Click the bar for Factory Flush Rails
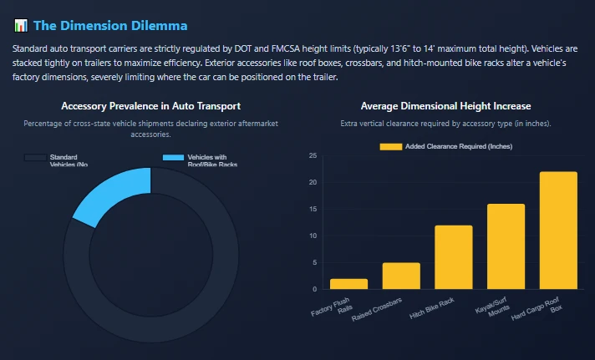[348, 284]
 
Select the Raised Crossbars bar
[401, 276]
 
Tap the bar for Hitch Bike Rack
[453, 257]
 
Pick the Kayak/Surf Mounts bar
[506, 246]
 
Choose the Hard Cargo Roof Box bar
[558, 231]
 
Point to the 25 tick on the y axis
[313, 156]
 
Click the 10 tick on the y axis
[313, 236]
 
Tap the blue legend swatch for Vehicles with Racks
[173, 157]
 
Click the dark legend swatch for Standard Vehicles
[35, 157]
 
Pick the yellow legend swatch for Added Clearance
[390, 146]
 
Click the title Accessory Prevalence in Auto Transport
[151, 106]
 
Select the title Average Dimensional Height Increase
[445, 106]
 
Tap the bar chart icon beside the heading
[21, 27]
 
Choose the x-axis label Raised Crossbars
[378, 310]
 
